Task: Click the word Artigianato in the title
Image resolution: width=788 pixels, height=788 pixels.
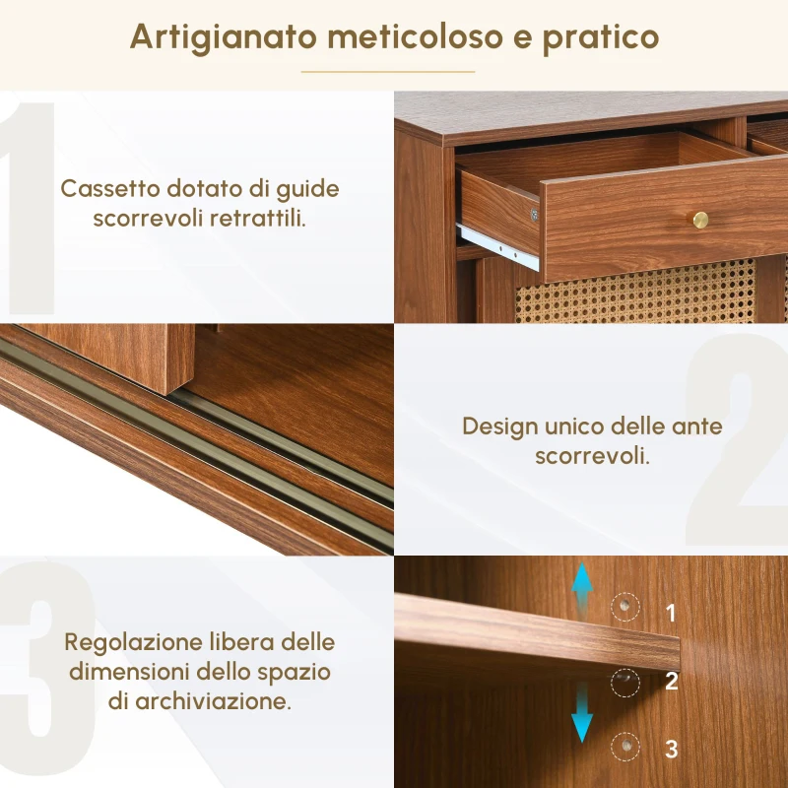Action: click(223, 36)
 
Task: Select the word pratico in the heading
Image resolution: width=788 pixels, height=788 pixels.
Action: click(613, 37)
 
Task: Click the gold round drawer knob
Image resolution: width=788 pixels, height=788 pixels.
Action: click(700, 219)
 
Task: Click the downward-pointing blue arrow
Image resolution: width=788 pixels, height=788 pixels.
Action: click(583, 716)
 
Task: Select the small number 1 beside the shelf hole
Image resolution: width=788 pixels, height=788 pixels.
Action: click(671, 613)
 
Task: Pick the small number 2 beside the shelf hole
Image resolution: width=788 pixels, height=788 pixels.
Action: click(671, 681)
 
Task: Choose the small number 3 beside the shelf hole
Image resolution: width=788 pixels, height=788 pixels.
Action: click(671, 749)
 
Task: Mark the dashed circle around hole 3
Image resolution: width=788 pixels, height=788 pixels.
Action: click(624, 748)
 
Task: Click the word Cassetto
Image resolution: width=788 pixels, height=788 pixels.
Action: click(104, 188)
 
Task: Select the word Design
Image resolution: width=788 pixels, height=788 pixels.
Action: click(499, 427)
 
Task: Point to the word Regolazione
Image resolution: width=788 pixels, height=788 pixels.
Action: click(129, 642)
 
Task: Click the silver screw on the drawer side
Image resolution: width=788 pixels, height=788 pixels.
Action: click(535, 214)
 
